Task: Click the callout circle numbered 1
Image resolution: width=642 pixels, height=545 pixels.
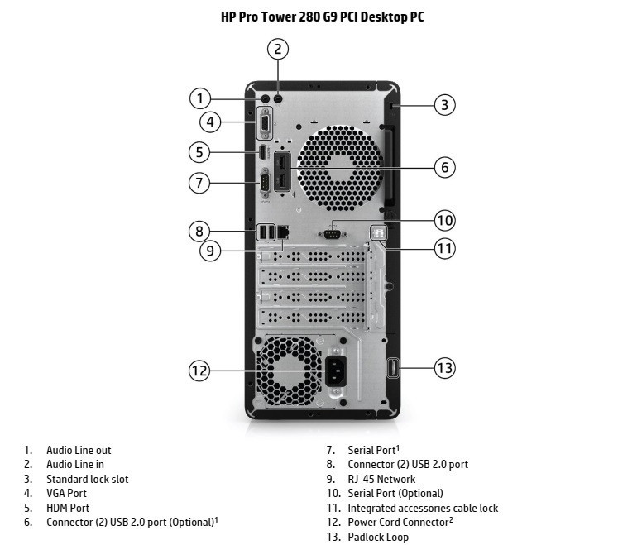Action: tap(199, 98)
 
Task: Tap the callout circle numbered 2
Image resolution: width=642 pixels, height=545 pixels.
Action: tap(279, 49)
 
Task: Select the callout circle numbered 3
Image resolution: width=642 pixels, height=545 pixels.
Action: tap(445, 105)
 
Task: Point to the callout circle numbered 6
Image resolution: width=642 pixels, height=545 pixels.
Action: tap(445, 167)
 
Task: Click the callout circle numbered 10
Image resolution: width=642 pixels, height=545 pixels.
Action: tap(445, 220)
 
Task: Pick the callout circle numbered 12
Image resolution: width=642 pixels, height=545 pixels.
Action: tap(199, 371)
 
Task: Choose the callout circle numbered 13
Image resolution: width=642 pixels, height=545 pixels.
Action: tap(445, 367)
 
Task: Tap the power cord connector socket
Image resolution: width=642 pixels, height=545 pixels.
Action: tap(338, 371)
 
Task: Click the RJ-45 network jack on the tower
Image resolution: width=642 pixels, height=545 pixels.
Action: tap(282, 232)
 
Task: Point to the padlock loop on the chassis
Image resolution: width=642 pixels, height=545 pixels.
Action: tap(393, 367)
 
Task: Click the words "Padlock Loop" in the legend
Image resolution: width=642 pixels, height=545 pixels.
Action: tap(378, 537)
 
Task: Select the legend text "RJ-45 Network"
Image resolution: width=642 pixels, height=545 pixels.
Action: tap(381, 479)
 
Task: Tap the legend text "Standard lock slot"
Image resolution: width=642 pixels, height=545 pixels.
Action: tap(87, 479)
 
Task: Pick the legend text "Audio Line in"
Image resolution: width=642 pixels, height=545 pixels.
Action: tap(75, 465)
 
